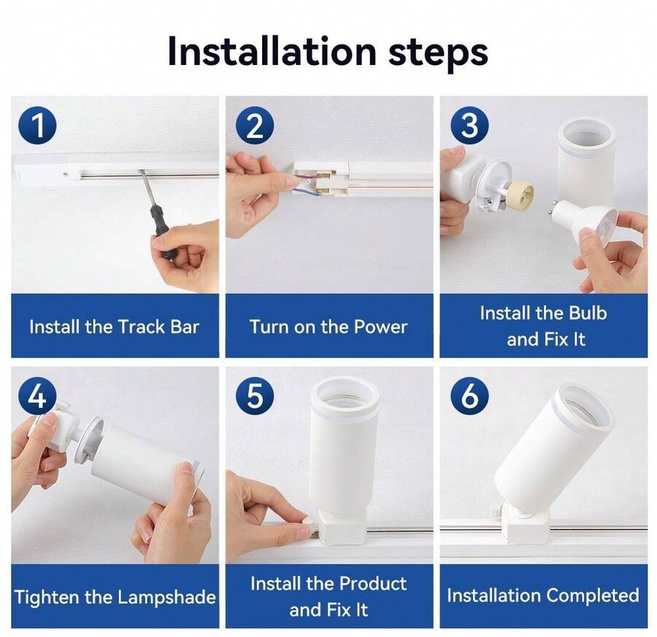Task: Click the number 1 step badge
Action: [x=37, y=126]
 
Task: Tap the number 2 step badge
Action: [x=255, y=126]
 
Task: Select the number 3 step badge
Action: [x=469, y=126]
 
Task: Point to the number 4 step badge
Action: [x=37, y=395]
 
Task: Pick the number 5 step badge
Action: [x=255, y=395]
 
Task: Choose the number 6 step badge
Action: [x=469, y=395]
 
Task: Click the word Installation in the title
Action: [x=272, y=52]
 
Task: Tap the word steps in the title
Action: [x=438, y=55]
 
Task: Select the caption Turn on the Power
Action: [x=328, y=327]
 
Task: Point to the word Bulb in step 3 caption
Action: [x=588, y=313]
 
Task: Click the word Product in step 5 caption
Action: [x=372, y=584]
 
